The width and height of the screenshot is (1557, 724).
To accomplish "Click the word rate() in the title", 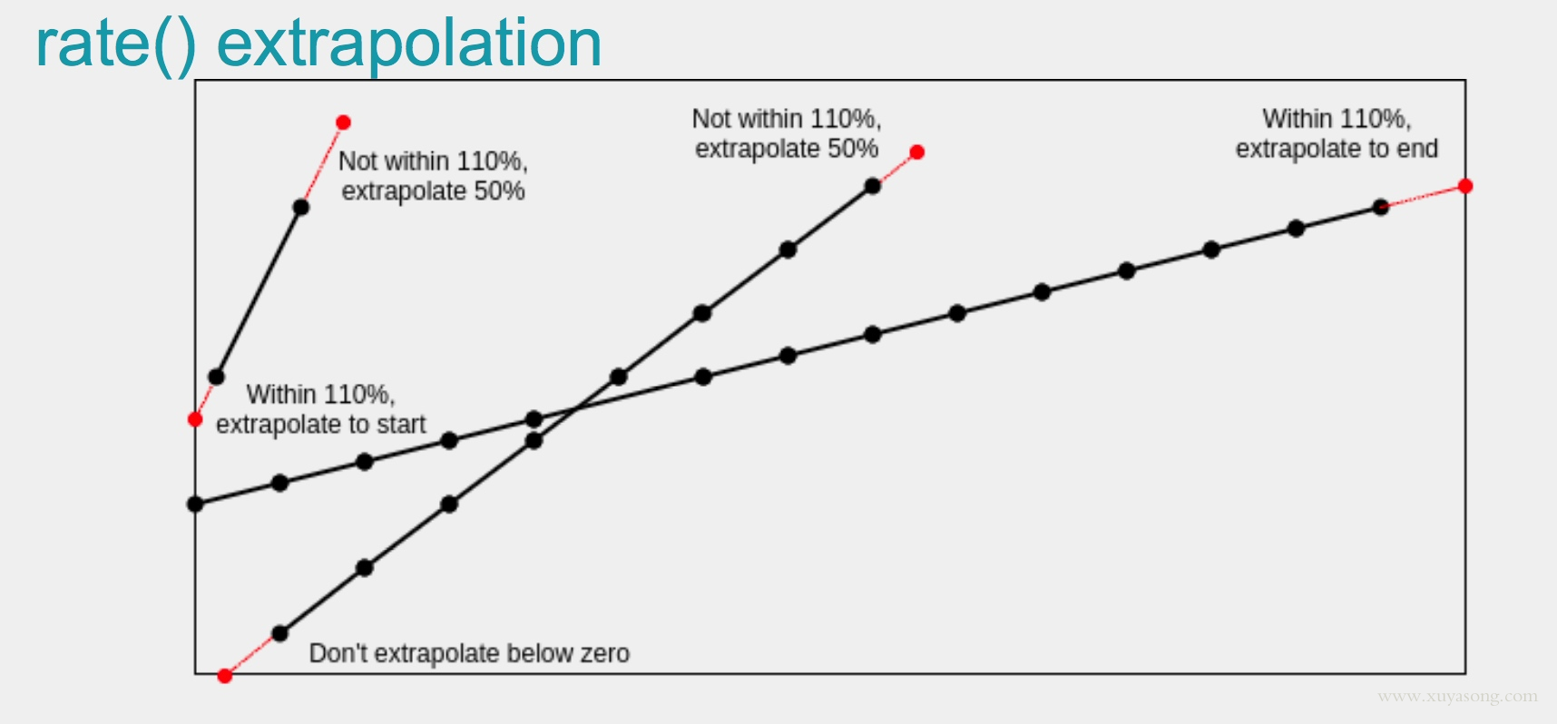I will [115, 44].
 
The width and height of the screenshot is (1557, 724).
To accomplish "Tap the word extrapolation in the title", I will [409, 44].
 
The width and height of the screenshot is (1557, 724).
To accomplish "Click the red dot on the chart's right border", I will [1465, 186].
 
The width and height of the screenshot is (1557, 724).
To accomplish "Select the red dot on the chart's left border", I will [195, 419].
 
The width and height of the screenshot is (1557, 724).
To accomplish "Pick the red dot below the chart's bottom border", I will [225, 676].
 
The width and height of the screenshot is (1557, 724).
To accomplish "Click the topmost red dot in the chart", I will [343, 122].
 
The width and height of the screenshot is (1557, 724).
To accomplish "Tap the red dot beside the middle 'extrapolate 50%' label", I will [917, 152].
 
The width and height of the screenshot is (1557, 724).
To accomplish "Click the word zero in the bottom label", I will [605, 653].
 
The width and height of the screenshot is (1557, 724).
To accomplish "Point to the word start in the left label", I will [401, 425].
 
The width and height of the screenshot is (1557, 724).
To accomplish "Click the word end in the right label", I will [1420, 149].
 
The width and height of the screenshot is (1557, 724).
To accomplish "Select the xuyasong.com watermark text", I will [1457, 697].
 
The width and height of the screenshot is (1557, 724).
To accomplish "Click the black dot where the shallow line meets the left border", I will [195, 504].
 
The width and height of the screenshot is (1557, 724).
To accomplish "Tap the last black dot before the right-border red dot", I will [1381, 207].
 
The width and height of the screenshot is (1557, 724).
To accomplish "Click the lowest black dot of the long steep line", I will [280, 633].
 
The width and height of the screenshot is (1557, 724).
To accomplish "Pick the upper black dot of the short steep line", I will [301, 207].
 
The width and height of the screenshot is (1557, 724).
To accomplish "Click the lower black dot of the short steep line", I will [217, 377].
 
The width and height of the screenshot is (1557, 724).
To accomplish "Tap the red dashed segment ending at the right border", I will [1424, 197].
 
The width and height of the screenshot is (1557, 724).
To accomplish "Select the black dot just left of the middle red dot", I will [873, 186].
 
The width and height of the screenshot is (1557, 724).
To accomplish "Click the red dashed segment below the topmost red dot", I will [322, 164].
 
